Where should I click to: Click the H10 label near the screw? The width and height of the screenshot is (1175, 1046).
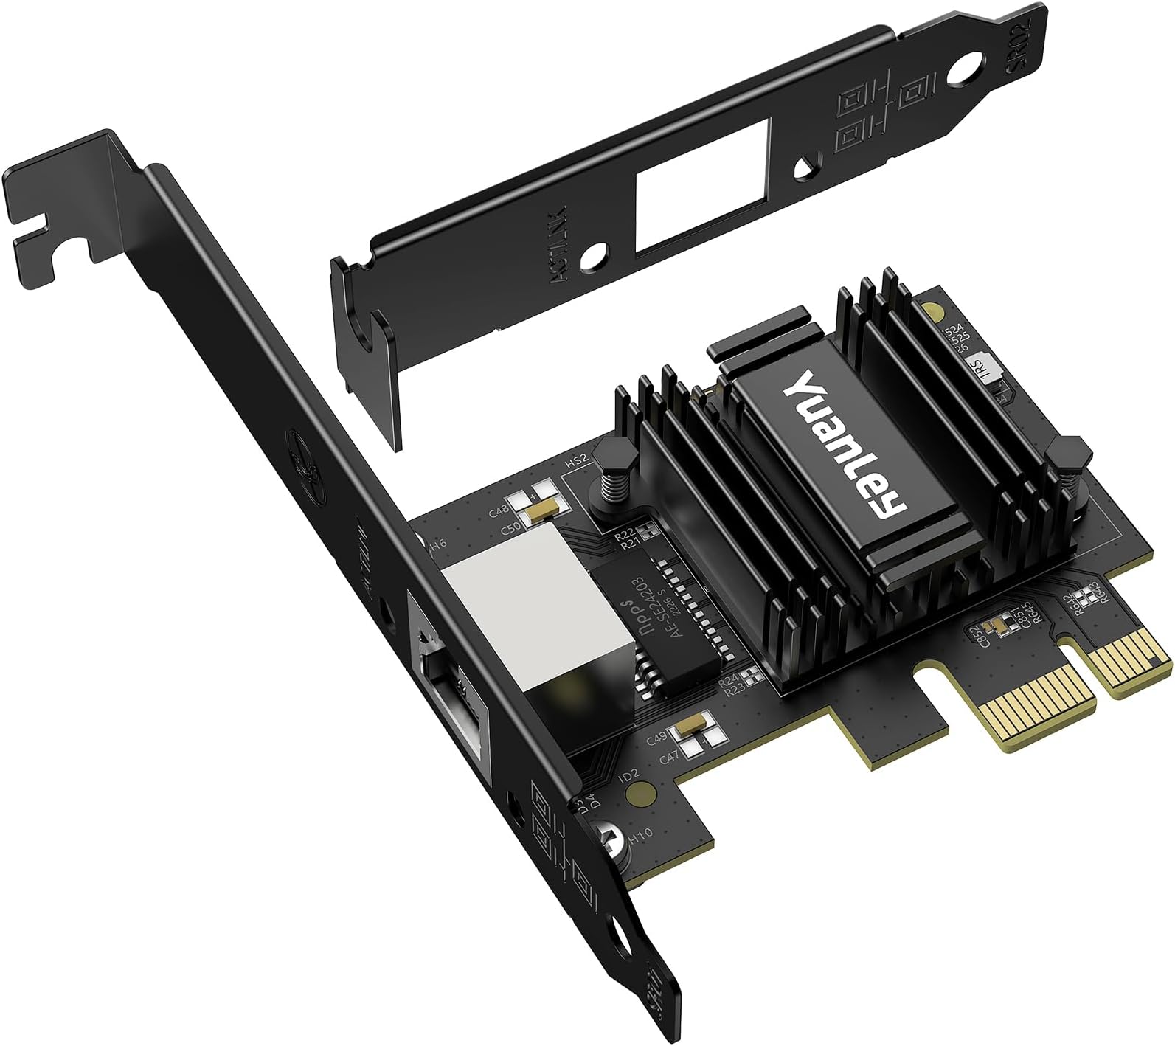point(642,837)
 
